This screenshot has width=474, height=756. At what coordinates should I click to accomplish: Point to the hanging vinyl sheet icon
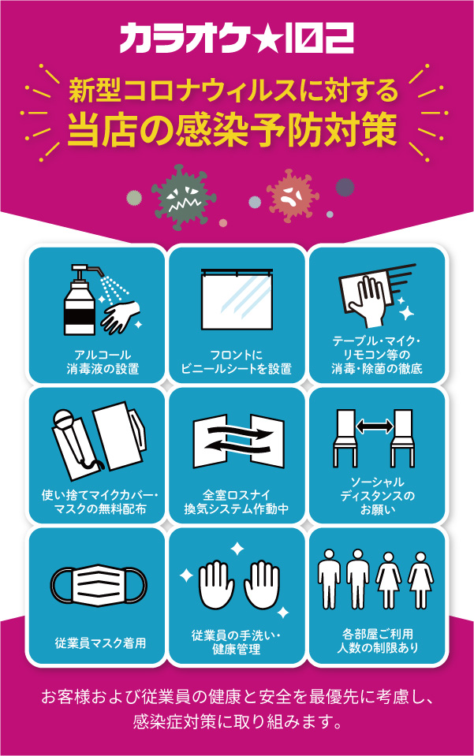(x=237, y=300)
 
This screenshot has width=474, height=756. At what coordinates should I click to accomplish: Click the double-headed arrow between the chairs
(x=375, y=426)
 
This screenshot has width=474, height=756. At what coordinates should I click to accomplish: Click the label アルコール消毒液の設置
(x=98, y=361)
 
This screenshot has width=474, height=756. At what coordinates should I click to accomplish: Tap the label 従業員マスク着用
(x=98, y=642)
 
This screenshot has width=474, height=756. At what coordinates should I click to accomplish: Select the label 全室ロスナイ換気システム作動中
(x=237, y=501)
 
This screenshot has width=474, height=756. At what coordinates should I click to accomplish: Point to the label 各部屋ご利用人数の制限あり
(x=375, y=640)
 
